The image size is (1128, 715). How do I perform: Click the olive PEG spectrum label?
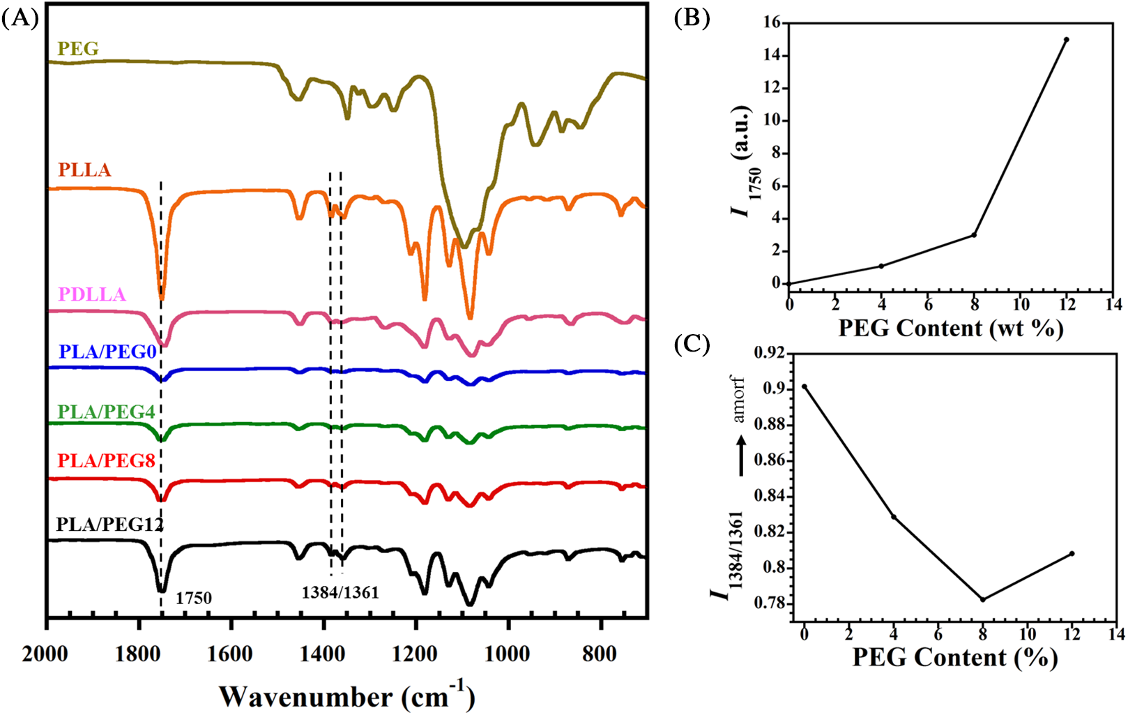pos(78,49)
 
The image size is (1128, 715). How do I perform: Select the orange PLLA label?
pos(84,170)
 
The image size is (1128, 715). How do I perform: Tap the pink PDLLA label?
pos(92,294)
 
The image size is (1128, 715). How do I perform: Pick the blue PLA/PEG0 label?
pos(107,352)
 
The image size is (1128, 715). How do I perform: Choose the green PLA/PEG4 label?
pos(106,412)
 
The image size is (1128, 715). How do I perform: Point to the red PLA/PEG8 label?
pos(106,461)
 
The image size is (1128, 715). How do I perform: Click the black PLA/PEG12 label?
pos(109,524)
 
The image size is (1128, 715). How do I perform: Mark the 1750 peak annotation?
pos(193,598)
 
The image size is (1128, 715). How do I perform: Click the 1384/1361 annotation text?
pos(340,593)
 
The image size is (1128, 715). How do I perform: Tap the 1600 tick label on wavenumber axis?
pos(231,654)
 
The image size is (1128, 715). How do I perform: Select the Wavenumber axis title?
pos(346,696)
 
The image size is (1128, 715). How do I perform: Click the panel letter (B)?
pos(692,18)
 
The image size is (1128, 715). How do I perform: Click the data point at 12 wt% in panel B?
pos(1067,40)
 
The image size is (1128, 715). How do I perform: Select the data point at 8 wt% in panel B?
pos(974,234)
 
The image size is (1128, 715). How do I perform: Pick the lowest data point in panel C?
pos(983,599)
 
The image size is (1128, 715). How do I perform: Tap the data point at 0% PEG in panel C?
pos(805,386)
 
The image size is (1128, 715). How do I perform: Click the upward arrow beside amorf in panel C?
pos(741,456)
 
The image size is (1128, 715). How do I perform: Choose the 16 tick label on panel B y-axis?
pos(771,23)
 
